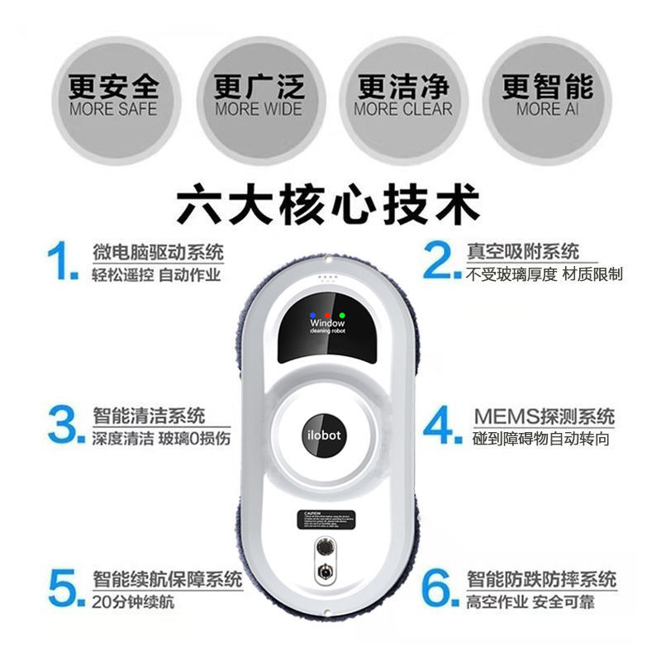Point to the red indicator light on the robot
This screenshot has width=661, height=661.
click(x=328, y=315)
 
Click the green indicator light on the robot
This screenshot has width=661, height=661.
click(x=341, y=315)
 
